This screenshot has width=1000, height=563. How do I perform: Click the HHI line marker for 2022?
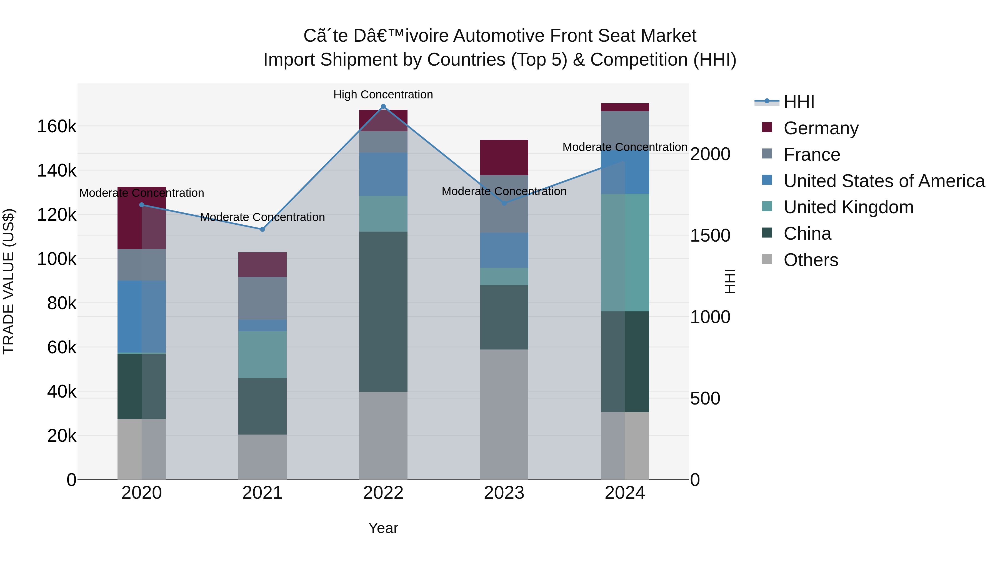[x=383, y=106]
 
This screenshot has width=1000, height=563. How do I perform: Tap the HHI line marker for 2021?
[x=262, y=229]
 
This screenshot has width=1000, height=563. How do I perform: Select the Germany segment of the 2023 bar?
[x=504, y=157]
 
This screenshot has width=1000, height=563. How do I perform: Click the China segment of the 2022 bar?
[x=383, y=312]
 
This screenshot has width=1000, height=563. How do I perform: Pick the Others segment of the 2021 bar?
[x=262, y=457]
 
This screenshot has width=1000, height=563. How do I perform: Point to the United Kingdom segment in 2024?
[x=625, y=252]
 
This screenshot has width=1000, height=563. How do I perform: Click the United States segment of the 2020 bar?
[x=142, y=317]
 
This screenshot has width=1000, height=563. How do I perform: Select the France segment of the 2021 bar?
[x=262, y=298]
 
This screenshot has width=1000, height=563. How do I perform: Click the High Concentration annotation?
[x=383, y=95]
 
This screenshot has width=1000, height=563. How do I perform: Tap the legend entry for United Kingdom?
[x=848, y=207]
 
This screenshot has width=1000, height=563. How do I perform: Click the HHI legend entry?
[x=799, y=102]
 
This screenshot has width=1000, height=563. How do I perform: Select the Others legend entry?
[x=811, y=260]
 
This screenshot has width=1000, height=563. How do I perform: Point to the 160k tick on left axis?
[x=57, y=127]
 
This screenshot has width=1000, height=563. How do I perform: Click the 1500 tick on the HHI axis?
[x=710, y=236]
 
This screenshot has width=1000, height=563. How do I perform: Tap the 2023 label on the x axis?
[x=504, y=493]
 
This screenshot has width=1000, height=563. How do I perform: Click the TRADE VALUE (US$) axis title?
[x=9, y=281]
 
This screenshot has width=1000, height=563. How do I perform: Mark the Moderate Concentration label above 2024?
[x=625, y=147]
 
